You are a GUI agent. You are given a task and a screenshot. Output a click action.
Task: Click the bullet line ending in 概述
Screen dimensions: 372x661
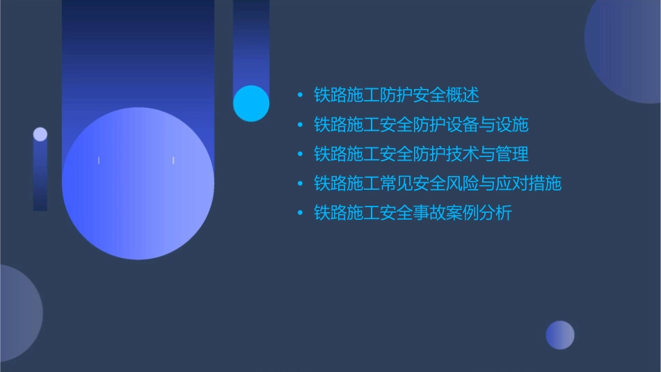click(x=397, y=95)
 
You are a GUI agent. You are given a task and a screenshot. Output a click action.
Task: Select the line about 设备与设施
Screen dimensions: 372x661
click(x=421, y=124)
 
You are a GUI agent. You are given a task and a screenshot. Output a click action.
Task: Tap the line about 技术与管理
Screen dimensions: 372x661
click(x=421, y=154)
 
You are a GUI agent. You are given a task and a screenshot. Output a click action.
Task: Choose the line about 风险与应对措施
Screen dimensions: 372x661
click(x=438, y=184)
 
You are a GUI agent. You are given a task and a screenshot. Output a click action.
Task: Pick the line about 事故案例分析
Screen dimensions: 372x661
click(x=413, y=213)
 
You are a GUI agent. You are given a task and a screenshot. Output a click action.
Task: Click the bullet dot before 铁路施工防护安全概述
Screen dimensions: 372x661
click(x=300, y=95)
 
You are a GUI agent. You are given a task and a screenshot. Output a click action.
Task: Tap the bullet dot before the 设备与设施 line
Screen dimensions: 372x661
click(x=300, y=125)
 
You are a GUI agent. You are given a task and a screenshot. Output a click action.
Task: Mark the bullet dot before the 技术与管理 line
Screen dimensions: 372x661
click(x=300, y=154)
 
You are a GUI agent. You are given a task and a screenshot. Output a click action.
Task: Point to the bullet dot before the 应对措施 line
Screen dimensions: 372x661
click(x=300, y=184)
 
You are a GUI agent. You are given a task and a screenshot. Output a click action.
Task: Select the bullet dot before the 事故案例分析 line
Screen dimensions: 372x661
click(x=300, y=213)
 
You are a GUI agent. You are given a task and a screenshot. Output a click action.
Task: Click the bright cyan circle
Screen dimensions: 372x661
click(x=251, y=103)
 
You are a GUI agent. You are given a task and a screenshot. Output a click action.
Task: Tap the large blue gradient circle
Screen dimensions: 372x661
click(x=138, y=184)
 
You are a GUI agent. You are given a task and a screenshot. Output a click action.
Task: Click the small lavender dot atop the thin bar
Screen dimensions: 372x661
click(x=40, y=134)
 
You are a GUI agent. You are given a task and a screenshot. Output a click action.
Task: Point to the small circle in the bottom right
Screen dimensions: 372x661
click(x=560, y=335)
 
